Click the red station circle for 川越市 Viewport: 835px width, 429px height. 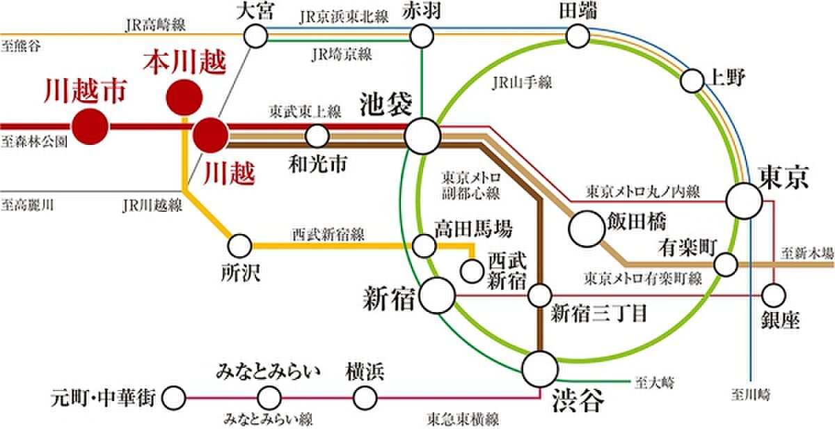pos(90,127)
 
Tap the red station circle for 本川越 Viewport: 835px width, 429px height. pos(184,97)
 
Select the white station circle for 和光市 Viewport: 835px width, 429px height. pos(317,136)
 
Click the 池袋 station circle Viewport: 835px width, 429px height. pos(422,136)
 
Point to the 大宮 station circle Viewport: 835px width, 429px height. pos(256,36)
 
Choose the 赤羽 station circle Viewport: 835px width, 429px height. pos(422,36)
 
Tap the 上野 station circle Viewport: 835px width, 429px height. pos(692,81)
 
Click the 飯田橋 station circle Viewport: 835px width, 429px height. pos(587,229)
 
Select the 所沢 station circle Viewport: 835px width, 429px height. pos(239,246)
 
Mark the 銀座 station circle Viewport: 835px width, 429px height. pos(774,295)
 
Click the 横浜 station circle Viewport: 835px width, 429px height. pos(365,398)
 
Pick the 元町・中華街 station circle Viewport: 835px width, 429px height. pos(174,398)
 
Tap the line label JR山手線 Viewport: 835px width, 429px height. pos(522,82)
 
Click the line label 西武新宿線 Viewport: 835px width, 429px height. pos(328,235)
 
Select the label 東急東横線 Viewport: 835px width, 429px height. pos(463,419)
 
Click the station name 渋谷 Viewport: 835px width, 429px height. pos(578,400)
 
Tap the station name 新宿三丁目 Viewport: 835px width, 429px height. pos(598,313)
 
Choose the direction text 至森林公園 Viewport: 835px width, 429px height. pos(34,142)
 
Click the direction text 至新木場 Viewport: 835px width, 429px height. pos(807,253)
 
